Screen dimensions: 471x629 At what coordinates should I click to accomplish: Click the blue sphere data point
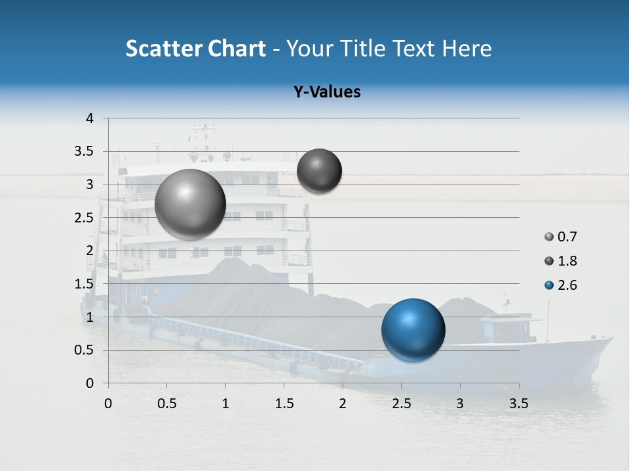(x=413, y=330)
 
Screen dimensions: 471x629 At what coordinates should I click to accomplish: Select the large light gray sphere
(x=191, y=204)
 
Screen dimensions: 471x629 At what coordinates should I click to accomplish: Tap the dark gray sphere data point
(x=319, y=171)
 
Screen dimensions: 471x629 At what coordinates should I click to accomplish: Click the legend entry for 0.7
(x=561, y=237)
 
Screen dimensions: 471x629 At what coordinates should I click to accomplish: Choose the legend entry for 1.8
(x=561, y=261)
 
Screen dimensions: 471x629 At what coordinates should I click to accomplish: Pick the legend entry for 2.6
(x=561, y=285)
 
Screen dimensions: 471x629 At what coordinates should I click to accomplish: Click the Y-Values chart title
(x=327, y=92)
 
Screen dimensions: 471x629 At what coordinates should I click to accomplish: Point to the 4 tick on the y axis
(x=90, y=118)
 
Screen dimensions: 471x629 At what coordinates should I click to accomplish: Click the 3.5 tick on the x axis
(x=518, y=404)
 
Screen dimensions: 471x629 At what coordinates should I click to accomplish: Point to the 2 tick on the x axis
(x=343, y=404)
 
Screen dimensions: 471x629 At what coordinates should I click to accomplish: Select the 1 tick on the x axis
(x=225, y=404)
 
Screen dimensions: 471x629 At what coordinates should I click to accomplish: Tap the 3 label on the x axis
(x=460, y=404)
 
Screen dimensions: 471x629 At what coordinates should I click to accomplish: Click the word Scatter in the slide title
(x=162, y=49)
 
